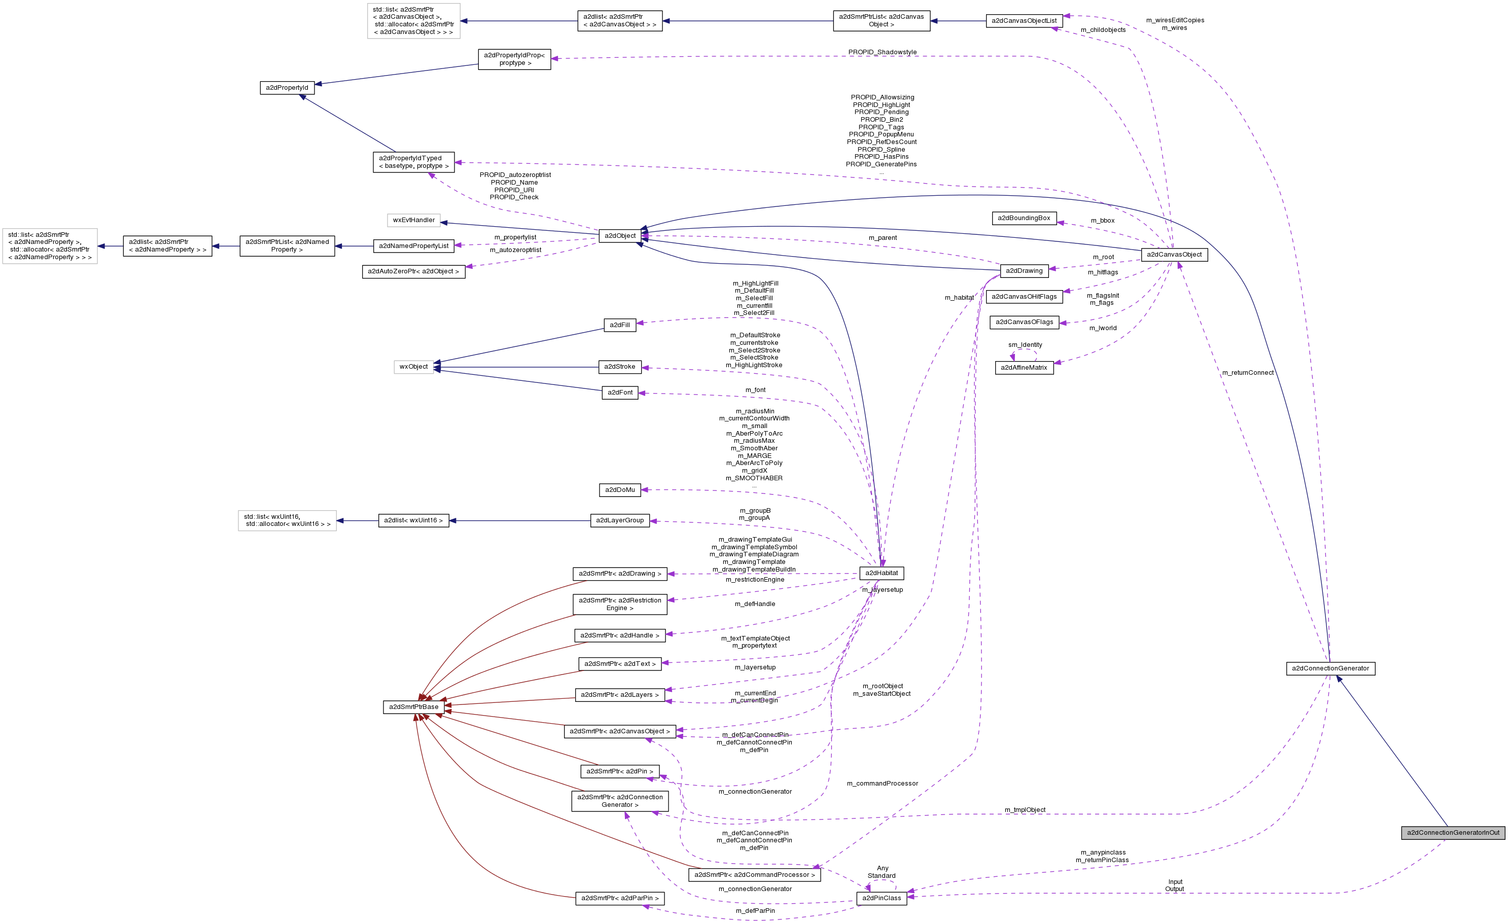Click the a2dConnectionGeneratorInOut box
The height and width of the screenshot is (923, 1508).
(x=1453, y=832)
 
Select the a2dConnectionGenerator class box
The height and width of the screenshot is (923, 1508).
(x=1330, y=668)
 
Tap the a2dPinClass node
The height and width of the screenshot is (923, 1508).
(x=881, y=898)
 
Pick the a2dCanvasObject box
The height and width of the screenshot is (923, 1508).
(x=1174, y=255)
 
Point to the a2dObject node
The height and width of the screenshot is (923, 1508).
(x=620, y=236)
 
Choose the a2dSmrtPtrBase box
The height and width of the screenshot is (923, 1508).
(x=414, y=707)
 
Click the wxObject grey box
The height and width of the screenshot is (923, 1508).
(x=414, y=367)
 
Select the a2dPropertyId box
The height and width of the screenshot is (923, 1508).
(x=287, y=88)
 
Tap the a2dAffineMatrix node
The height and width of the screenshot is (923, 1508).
(x=1024, y=368)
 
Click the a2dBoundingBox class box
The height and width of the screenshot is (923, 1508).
(x=1024, y=218)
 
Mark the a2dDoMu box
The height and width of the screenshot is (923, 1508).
(x=620, y=490)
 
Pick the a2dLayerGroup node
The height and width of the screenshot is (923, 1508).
(x=620, y=520)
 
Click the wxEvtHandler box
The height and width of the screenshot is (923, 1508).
(x=414, y=220)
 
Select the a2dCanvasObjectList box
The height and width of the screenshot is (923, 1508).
(x=1024, y=21)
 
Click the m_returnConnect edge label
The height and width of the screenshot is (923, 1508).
(x=1247, y=373)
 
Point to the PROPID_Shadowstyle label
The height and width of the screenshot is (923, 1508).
(x=882, y=52)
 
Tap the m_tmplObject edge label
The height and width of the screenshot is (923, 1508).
(x=1025, y=810)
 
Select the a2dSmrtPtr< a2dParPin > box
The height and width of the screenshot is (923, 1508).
(x=620, y=899)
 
